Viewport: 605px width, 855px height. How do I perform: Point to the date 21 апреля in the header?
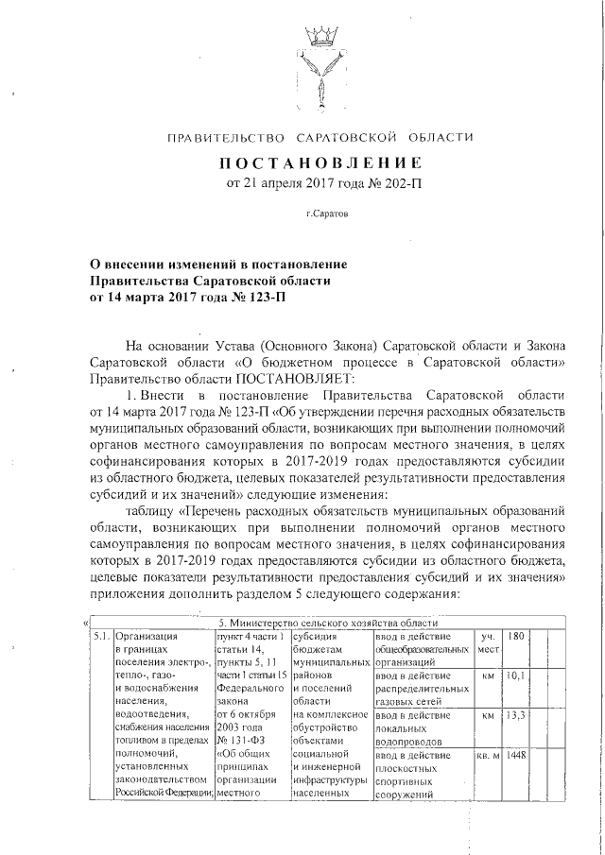(x=274, y=182)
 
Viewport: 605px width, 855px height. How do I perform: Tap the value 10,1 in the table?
(x=515, y=676)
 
